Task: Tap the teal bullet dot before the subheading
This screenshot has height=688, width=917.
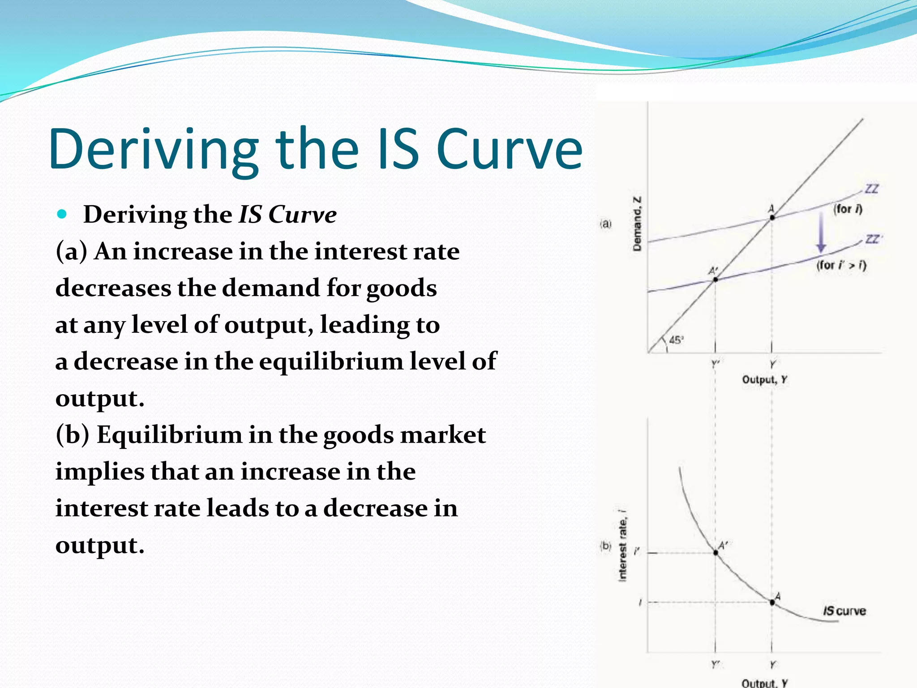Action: point(62,214)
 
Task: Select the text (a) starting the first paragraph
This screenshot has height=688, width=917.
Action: point(71,251)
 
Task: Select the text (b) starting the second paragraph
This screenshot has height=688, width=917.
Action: point(72,435)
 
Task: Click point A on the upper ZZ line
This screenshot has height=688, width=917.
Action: point(772,218)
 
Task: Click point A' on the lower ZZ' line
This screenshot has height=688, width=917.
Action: point(716,279)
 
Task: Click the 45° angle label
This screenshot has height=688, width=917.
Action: point(676,340)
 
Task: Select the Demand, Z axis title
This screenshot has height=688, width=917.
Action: point(637,224)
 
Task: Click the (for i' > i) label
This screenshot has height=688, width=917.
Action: point(841,265)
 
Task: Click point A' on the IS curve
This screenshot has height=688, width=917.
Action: point(716,553)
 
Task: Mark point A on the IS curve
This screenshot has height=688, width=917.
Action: point(772,602)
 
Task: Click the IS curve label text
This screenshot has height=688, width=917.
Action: point(844,611)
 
